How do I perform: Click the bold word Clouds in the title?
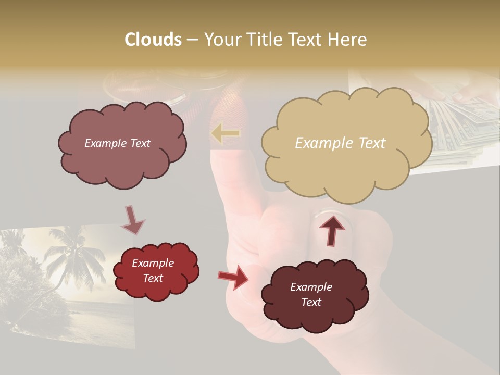(153, 40)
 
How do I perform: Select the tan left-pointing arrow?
(226, 134)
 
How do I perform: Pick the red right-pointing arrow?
(233, 277)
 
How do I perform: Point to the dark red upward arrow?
(332, 229)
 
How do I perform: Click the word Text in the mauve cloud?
(140, 143)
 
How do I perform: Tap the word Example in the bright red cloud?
(153, 263)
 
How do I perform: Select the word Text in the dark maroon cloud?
(311, 302)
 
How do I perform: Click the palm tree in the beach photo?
(73, 255)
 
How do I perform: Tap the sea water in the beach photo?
(99, 312)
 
